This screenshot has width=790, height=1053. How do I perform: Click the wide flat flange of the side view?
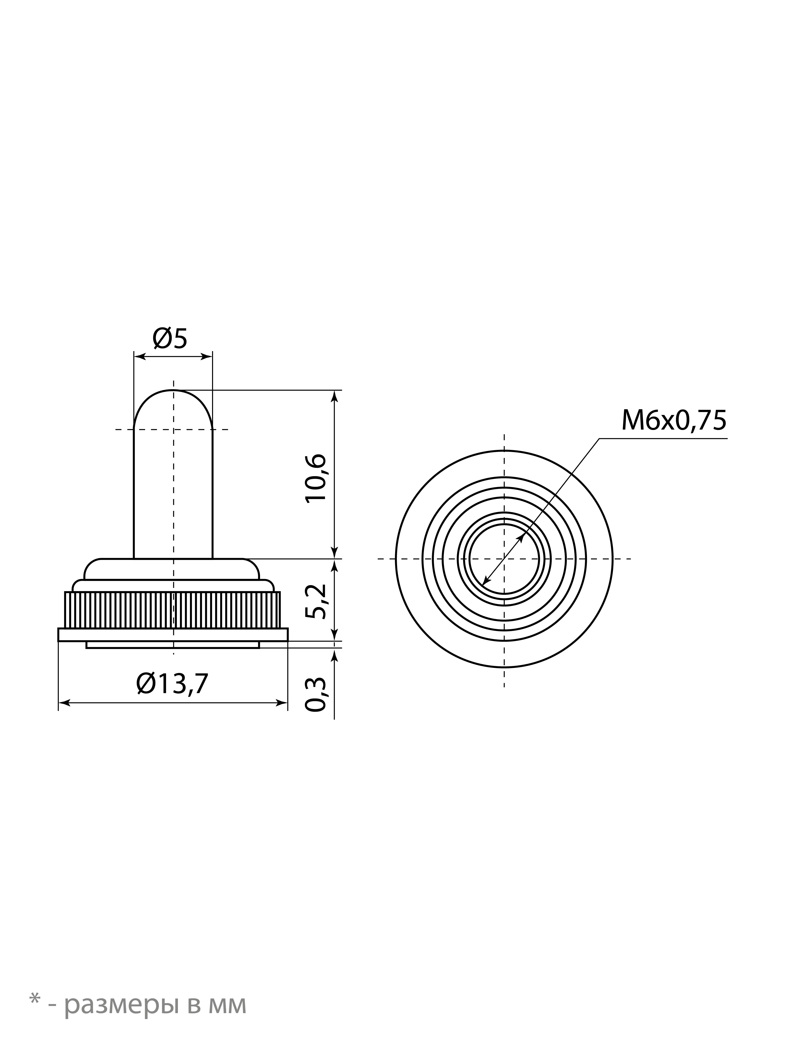coord(173,634)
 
